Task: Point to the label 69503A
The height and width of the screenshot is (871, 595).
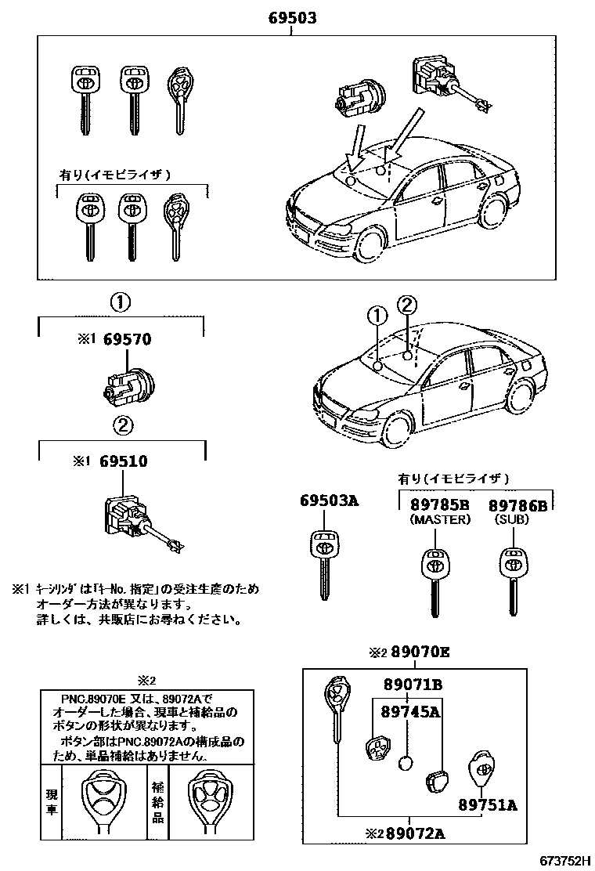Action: click(329, 502)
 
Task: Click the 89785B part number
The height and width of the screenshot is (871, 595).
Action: click(439, 504)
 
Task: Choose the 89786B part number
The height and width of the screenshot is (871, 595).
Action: click(518, 504)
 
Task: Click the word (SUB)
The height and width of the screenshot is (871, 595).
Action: click(512, 519)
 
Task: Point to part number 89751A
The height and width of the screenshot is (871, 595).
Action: click(488, 804)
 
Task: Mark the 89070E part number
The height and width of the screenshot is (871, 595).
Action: click(420, 652)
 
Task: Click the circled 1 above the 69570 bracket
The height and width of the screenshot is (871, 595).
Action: click(120, 302)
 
